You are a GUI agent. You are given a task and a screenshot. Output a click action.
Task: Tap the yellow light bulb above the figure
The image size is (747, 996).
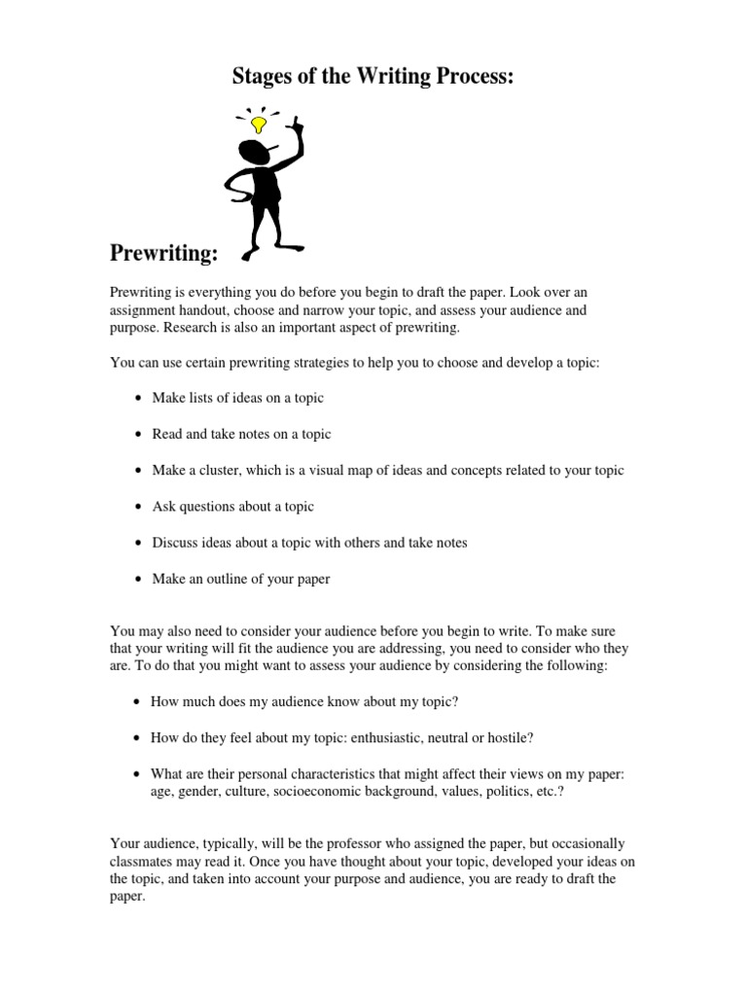[259, 124]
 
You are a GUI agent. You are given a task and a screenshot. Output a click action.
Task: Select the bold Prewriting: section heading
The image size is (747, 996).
[163, 254]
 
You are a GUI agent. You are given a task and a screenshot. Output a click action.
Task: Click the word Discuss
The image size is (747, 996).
[176, 543]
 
